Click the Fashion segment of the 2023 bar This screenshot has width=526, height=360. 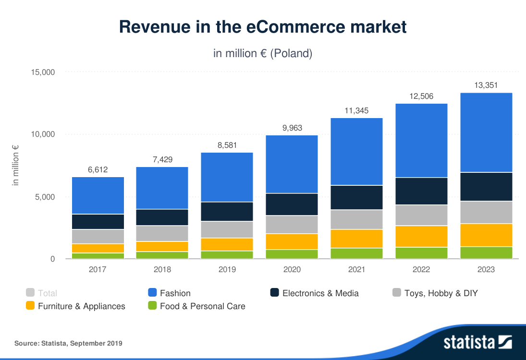(x=486, y=132)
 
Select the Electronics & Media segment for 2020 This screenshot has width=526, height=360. (x=292, y=204)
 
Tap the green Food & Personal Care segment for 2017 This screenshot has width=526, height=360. (x=98, y=256)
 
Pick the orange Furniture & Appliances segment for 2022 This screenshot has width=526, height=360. (x=422, y=236)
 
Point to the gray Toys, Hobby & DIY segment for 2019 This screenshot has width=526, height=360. (x=227, y=229)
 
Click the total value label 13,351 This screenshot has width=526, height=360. (x=486, y=85)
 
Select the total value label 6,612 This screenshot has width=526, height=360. (x=98, y=169)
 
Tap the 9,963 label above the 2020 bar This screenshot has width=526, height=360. (x=292, y=128)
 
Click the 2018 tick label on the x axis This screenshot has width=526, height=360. (x=162, y=269)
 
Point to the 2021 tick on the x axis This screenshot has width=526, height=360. (x=356, y=269)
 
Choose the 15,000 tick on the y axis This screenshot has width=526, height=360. (x=43, y=72)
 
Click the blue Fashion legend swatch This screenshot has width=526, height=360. (x=153, y=293)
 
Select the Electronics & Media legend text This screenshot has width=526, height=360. (x=320, y=293)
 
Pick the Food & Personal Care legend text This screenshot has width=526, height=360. (x=202, y=306)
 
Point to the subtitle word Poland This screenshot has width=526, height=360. (x=291, y=53)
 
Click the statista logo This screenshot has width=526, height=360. (x=477, y=342)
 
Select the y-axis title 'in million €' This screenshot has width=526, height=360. (x=16, y=166)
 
